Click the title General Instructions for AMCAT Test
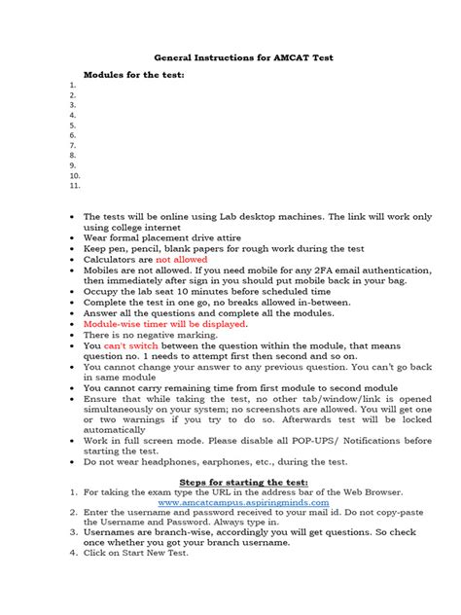(x=230, y=57)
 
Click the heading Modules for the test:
(x=133, y=75)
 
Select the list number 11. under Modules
(x=75, y=185)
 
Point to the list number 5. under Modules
(x=73, y=126)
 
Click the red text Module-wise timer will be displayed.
(x=165, y=323)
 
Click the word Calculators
(x=113, y=260)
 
